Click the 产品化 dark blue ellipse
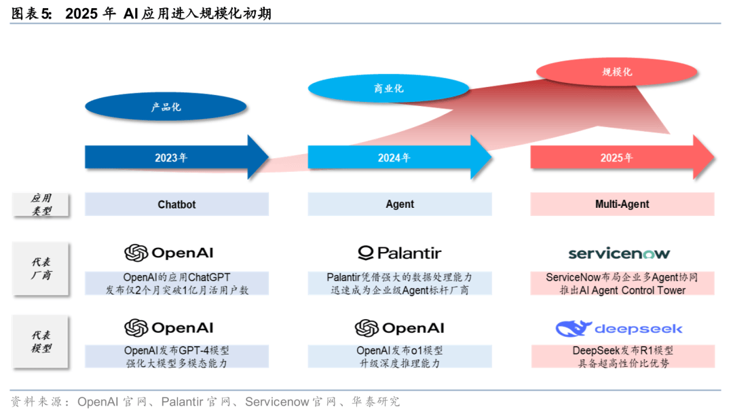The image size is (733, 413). pos(166,107)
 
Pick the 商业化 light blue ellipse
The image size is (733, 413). pos(388,88)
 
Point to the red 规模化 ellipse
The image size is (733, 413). pos(616,71)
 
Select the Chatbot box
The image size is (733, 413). pos(176,204)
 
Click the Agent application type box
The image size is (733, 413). pos(400,204)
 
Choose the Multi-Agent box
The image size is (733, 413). pos(622,204)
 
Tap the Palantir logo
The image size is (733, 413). pos(400,253)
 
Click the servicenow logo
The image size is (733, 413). pos(619,253)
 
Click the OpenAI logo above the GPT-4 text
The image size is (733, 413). pos(169,328)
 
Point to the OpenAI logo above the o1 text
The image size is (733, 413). pos(400,328)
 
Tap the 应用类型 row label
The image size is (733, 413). pos(41,204)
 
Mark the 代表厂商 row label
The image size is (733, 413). pos(41,268)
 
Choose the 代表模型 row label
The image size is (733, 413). pos(41,342)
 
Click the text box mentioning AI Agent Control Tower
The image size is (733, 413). pos(622,284)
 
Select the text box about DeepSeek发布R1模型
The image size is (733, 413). pos(622,357)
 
